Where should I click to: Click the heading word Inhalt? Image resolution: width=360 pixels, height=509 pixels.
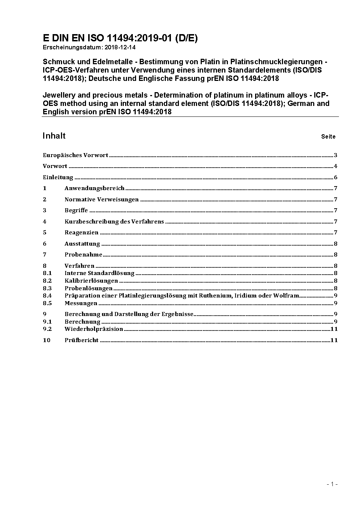(x=54, y=136)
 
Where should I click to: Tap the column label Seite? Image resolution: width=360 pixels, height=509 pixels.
(x=328, y=137)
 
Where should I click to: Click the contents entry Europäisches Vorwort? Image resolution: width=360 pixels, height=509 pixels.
(x=75, y=155)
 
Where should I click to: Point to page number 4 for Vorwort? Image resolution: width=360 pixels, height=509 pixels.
(x=336, y=166)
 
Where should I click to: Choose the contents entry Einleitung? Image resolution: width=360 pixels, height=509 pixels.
(x=58, y=177)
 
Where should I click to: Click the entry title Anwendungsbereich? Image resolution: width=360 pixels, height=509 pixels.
(x=94, y=188)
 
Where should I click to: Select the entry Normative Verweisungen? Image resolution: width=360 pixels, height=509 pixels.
(x=102, y=200)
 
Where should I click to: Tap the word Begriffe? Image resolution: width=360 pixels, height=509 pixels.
(x=76, y=210)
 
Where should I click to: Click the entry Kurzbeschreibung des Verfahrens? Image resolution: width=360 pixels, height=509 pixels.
(x=114, y=222)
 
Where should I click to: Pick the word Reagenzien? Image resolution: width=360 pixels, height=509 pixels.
(x=82, y=233)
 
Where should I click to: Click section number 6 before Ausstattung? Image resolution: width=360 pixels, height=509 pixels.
(x=45, y=244)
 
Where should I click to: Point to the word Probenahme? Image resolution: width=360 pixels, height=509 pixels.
(x=83, y=255)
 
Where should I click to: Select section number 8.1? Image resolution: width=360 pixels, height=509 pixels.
(x=47, y=273)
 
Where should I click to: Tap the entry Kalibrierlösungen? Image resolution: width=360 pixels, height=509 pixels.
(x=91, y=281)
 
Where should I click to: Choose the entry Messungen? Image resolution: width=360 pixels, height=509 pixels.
(x=81, y=303)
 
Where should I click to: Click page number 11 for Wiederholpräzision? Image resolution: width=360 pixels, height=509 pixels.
(x=334, y=329)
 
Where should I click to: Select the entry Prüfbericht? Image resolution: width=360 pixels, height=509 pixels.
(x=82, y=340)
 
